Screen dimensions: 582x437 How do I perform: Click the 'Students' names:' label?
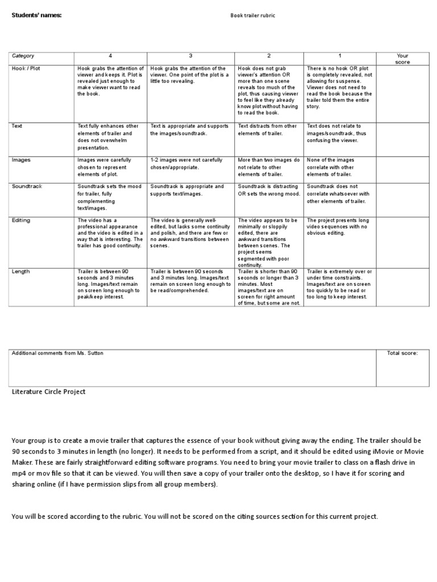pos(37,15)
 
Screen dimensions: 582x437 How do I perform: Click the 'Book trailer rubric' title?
pos(252,15)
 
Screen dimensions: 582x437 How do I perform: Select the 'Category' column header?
pos(23,56)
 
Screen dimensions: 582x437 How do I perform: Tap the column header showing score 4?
pos(110,56)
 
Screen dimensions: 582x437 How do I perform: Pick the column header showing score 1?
pos(340,56)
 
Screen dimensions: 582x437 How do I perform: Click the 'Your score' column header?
pos(402,59)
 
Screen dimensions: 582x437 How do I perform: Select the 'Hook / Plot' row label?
pos(26,69)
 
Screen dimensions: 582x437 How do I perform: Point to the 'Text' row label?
pos(18,126)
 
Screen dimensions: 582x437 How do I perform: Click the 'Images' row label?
pos(22,160)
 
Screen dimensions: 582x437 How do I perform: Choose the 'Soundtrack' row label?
pos(27,186)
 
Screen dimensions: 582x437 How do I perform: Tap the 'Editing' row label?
pos(22,220)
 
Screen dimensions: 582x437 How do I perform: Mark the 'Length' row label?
pos(21,271)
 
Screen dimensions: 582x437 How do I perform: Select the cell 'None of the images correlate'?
pos(339,167)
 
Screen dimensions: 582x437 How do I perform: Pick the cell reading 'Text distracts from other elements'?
pos(268,129)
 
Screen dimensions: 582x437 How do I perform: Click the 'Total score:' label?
pos(402,353)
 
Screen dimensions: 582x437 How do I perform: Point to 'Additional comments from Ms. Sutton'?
pos(57,353)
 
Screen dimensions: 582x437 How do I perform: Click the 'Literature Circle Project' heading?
pos(49,392)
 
